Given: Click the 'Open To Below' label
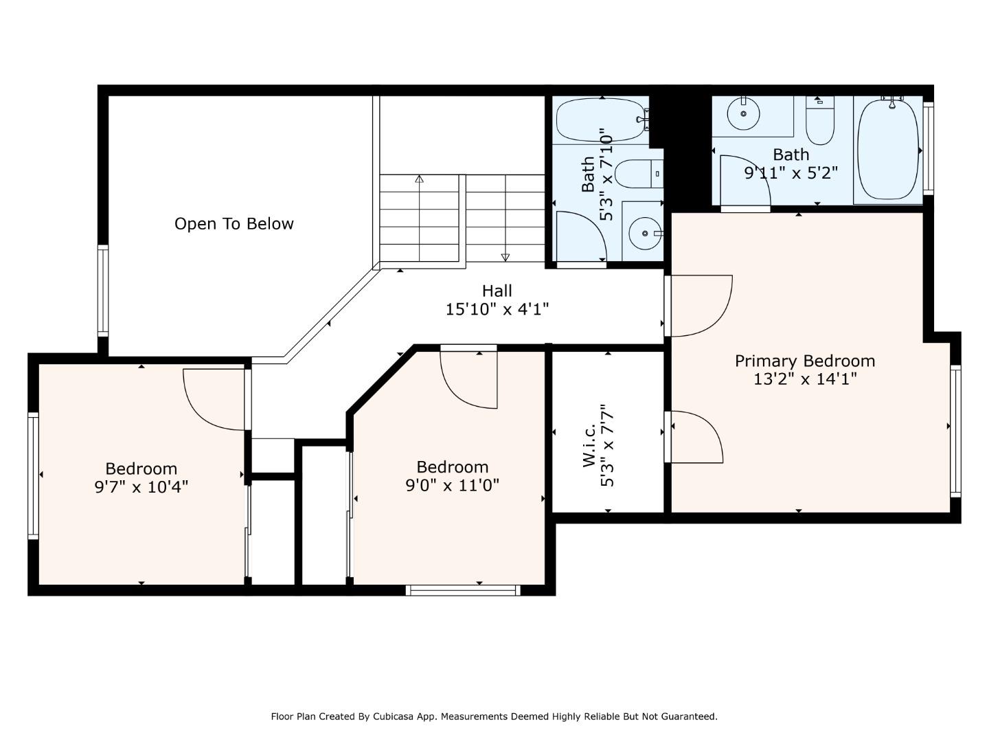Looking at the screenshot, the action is click(234, 224).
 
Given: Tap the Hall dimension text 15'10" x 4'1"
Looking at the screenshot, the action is click(497, 309).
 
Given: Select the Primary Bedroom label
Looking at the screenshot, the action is click(805, 361).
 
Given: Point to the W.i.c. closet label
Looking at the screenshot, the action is click(589, 446).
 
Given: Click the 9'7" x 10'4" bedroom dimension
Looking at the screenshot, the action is click(141, 487).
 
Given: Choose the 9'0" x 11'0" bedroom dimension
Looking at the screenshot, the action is click(453, 485).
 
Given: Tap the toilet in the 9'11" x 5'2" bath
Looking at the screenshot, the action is click(819, 120).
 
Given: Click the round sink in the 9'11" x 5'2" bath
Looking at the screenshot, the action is click(743, 113).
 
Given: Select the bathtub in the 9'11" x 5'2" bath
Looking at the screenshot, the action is click(887, 149).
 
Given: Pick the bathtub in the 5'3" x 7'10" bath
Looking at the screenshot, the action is click(601, 120).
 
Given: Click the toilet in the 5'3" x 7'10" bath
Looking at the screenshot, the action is click(639, 174).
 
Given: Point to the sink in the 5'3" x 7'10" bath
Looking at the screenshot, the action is click(645, 234).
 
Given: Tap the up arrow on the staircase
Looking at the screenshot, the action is click(419, 218).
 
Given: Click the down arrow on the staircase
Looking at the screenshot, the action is click(505, 218).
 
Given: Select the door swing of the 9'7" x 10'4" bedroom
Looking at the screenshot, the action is click(214, 400).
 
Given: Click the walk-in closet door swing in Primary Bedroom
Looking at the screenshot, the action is click(697, 436).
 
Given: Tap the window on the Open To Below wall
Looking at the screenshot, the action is click(103, 291).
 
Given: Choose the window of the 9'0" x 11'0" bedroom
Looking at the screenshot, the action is click(463, 590).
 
